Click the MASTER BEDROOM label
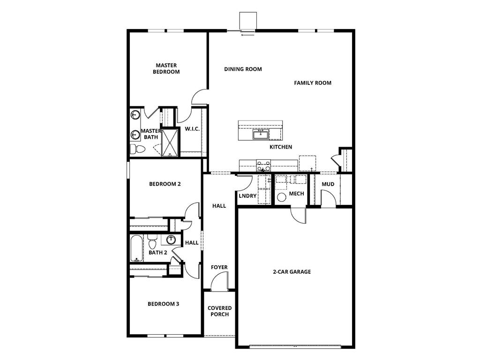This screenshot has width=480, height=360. (x=166, y=68)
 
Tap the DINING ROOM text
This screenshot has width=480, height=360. (x=243, y=69)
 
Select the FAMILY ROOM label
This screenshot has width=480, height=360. (x=313, y=83)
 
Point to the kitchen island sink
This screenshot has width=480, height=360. (x=260, y=135)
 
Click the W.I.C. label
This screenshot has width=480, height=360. (x=193, y=129)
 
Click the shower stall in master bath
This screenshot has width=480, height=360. (x=171, y=142)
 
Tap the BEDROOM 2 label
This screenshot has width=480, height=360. (x=165, y=184)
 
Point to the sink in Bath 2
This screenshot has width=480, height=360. (x=171, y=240)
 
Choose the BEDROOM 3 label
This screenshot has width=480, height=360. (x=163, y=304)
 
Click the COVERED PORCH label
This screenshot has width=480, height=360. (x=219, y=311)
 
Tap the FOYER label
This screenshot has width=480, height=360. (x=219, y=268)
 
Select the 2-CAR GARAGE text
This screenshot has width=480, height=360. (x=292, y=272)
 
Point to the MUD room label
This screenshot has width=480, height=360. (x=328, y=184)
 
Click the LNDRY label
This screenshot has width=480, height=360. (x=247, y=196)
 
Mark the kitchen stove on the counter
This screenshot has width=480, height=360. (x=263, y=165)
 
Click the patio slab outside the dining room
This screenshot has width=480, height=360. (x=247, y=21)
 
